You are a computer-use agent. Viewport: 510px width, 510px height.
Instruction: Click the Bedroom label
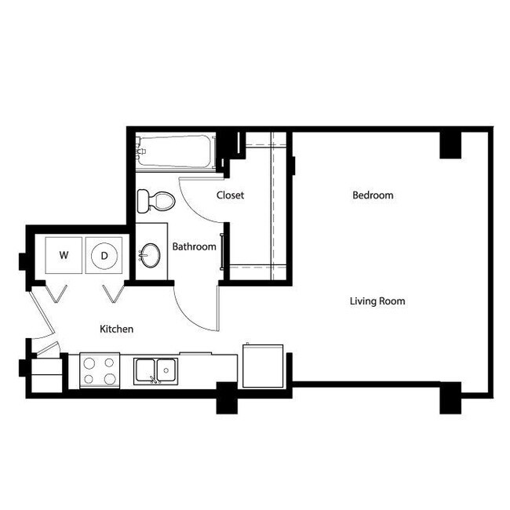pos(373,195)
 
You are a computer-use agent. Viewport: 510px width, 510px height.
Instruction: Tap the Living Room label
pos(377,301)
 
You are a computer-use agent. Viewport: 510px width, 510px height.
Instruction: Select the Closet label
pos(230,195)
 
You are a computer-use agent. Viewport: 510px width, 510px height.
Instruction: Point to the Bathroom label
pos(194,246)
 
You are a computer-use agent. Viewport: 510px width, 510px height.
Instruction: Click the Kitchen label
pos(116,329)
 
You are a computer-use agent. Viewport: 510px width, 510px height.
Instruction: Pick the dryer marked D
pos(104,255)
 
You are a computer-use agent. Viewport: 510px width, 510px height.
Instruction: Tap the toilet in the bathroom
pos(154,201)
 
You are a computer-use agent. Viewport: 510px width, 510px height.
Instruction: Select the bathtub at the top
pos(175,152)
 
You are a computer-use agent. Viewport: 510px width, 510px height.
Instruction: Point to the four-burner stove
pos(100,370)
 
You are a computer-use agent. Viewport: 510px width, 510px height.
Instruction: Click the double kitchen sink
pos(155,370)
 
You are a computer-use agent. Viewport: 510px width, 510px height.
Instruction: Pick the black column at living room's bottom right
pos(450,398)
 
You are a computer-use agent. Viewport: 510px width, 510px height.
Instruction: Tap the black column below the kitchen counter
pos(227,398)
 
